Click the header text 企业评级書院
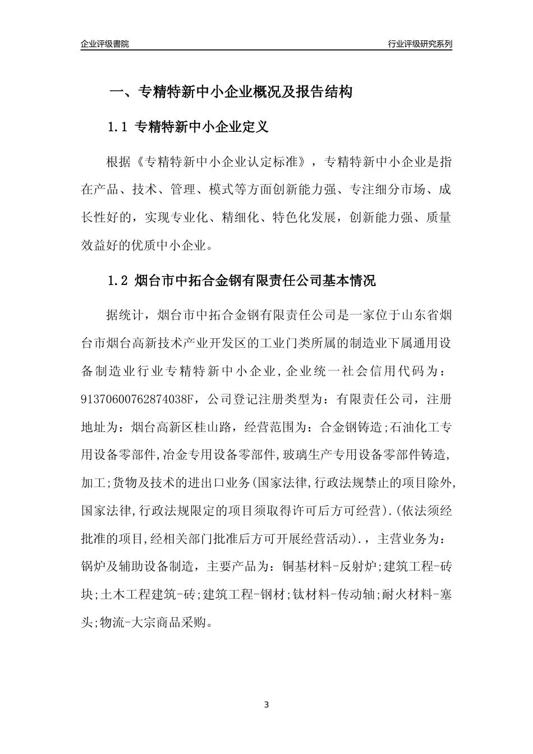tap(105, 44)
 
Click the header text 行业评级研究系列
tap(420, 44)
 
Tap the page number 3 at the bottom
tap(266, 704)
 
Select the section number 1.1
tap(118, 127)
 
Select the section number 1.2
tap(118, 281)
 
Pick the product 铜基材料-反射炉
tap(331, 567)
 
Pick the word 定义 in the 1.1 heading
tap(256, 127)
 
